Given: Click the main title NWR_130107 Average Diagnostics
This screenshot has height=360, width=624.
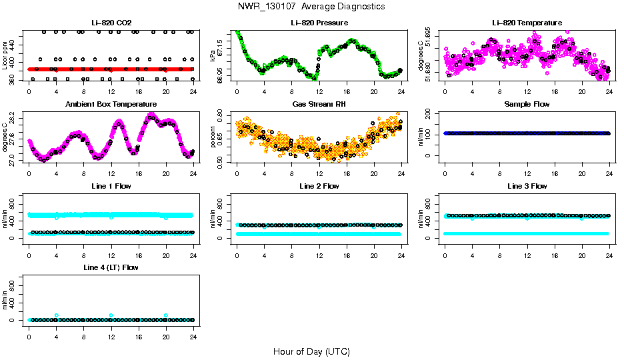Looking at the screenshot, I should (311, 7).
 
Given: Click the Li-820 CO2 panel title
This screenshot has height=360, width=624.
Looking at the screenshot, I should (111, 23).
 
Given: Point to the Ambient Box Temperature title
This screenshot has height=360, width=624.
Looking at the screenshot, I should (111, 105).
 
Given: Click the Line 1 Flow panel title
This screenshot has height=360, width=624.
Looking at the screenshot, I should (111, 186).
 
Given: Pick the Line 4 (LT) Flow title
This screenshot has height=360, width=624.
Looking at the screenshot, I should (111, 267).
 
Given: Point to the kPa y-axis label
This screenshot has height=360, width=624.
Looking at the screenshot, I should (213, 57).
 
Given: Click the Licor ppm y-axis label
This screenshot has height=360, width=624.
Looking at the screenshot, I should (5, 57).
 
